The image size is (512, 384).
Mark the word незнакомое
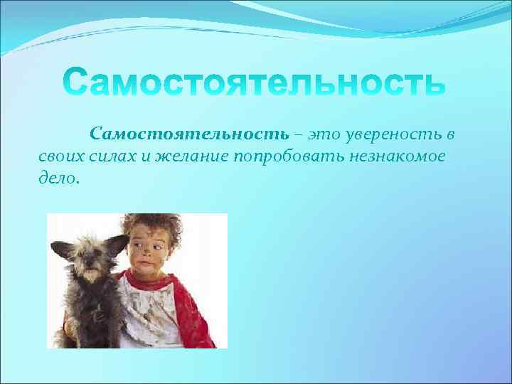(394, 157)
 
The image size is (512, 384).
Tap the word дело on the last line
(58, 178)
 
